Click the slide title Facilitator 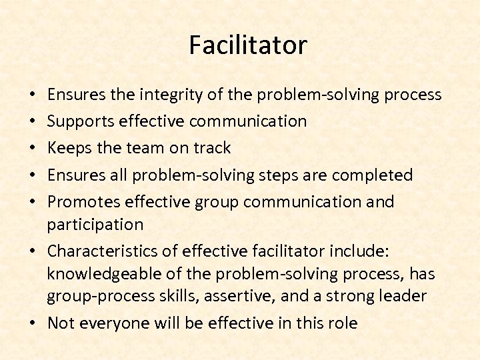[x=247, y=45]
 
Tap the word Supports [x=81, y=121]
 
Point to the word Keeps [x=68, y=148]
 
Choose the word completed [x=373, y=175]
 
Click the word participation [x=95, y=224]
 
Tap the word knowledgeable [x=100, y=273]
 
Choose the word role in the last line [x=343, y=323]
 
